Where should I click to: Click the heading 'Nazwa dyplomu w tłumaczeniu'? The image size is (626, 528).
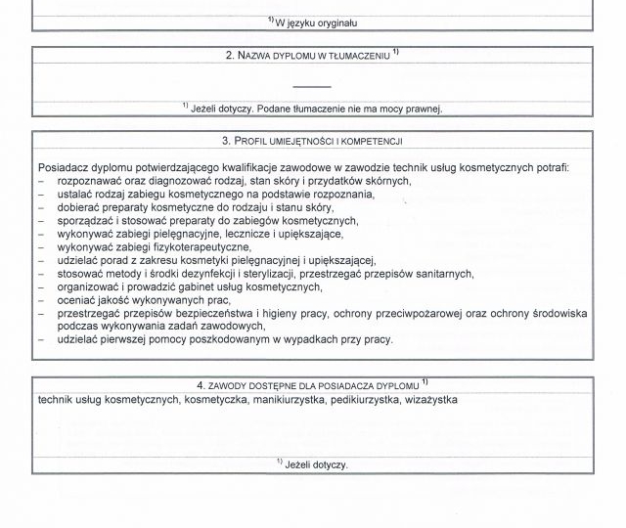(x=308, y=56)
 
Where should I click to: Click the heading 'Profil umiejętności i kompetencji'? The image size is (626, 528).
(x=312, y=142)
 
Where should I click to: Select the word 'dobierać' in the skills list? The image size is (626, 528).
(x=79, y=207)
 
